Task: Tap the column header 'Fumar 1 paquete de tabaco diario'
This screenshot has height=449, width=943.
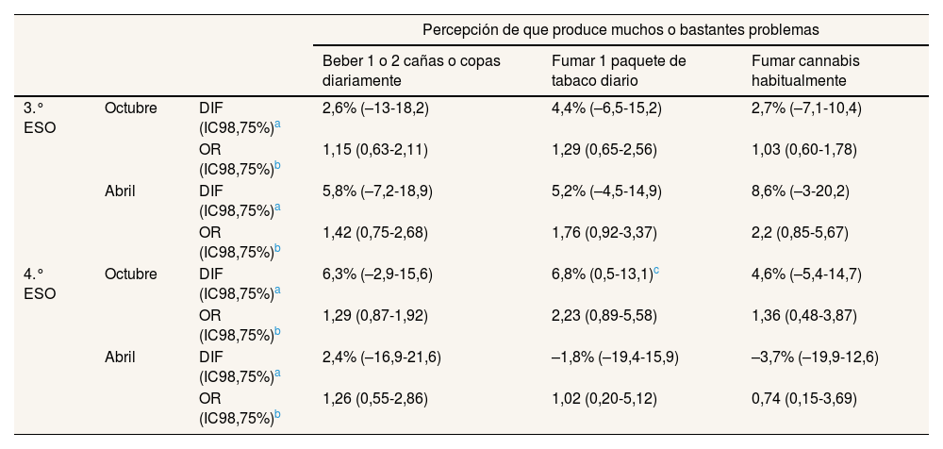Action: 618,71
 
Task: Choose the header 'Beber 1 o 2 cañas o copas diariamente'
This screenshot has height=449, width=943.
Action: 411,71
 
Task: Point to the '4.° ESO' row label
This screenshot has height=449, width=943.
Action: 39,284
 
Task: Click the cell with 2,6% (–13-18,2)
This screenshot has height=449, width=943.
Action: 375,108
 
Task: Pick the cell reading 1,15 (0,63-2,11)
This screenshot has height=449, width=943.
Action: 375,150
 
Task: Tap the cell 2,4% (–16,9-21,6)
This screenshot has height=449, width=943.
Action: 382,358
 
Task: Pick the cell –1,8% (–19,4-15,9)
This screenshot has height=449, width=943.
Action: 615,358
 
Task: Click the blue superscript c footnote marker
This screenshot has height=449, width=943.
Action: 656,271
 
